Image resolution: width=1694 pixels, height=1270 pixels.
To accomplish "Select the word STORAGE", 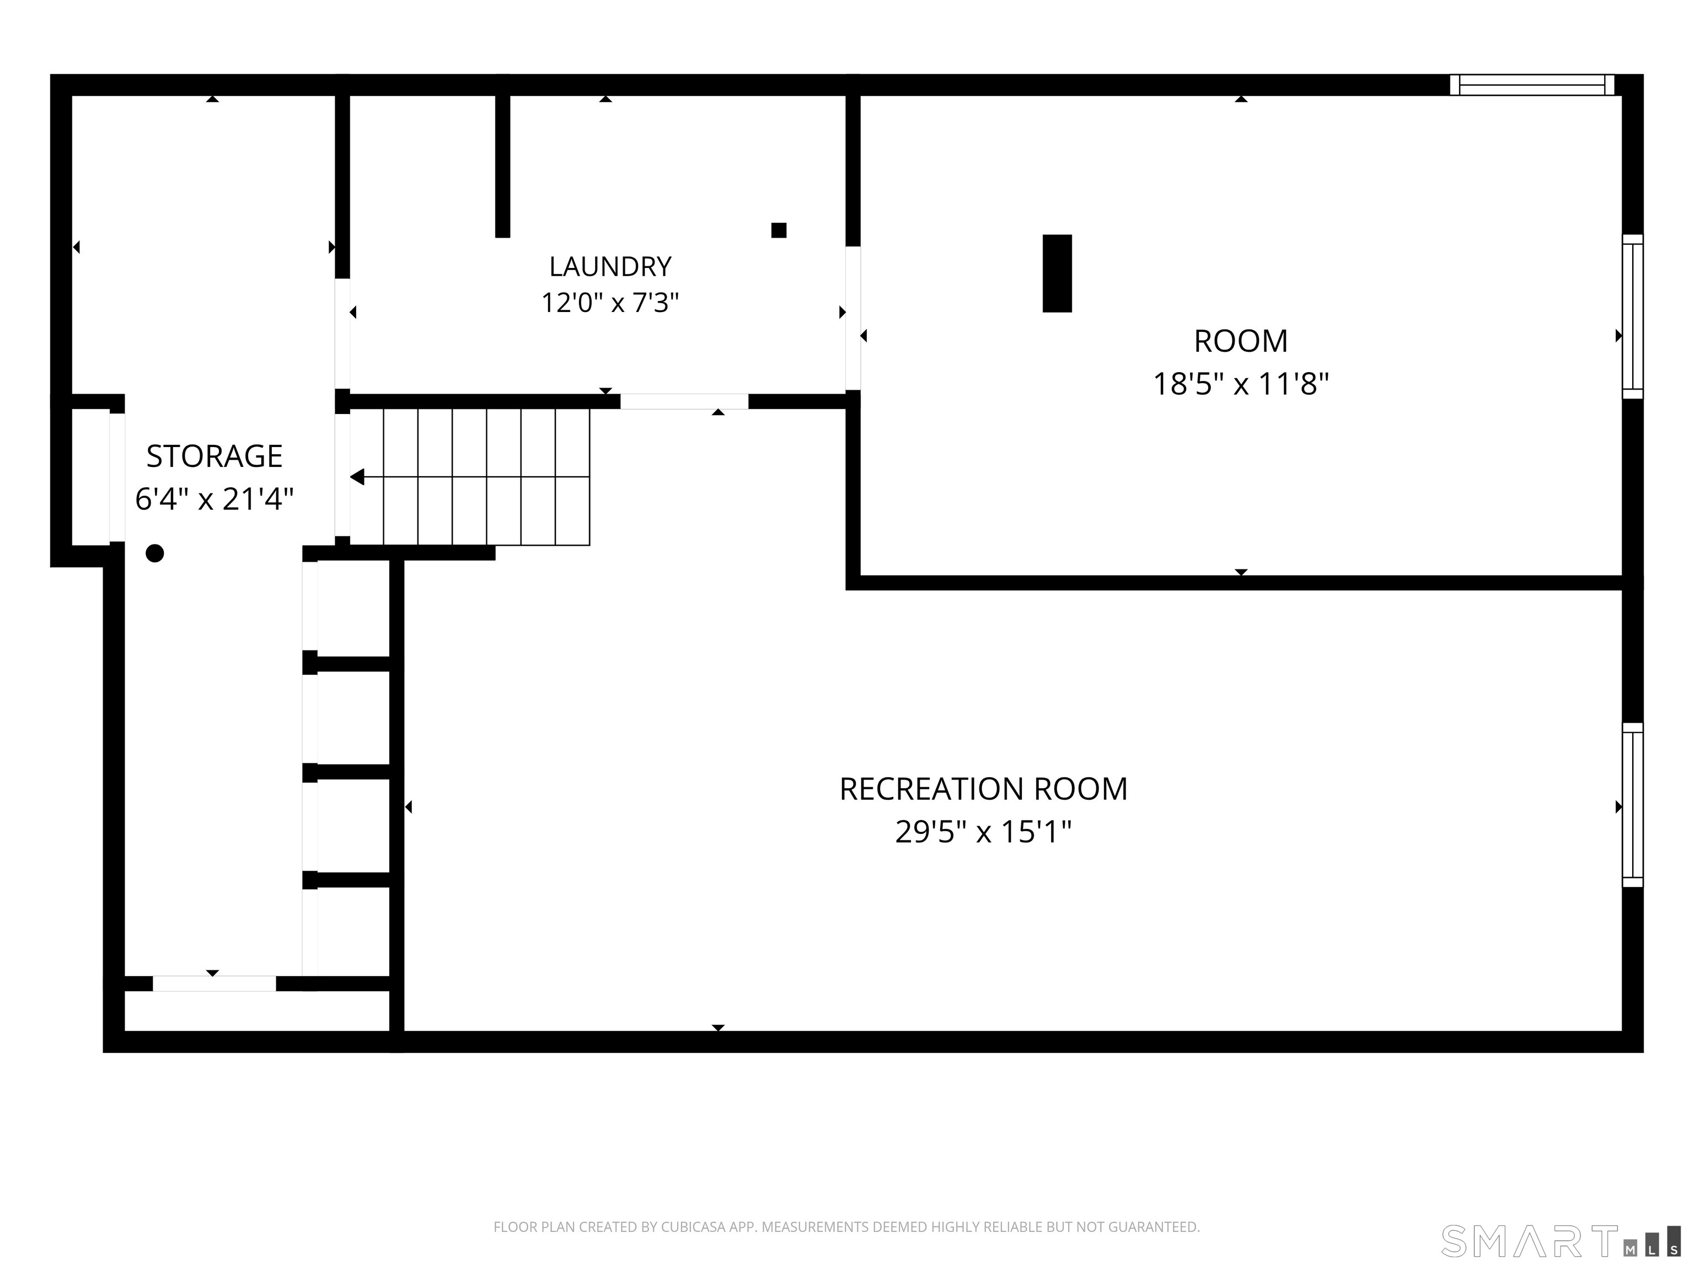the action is click(x=215, y=456).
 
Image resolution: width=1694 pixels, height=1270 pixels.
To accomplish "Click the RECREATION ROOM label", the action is click(x=983, y=789).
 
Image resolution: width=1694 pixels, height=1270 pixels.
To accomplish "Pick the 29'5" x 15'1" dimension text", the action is click(x=983, y=831).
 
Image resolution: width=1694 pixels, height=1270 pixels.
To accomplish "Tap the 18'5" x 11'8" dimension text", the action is click(x=1241, y=384).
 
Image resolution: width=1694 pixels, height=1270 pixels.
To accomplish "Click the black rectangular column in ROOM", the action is click(x=1057, y=273).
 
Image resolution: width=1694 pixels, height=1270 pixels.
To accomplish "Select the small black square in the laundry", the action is click(x=779, y=230).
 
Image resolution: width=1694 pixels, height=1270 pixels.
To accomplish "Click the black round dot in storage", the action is click(x=155, y=553).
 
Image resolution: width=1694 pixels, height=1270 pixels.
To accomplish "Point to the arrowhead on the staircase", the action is click(x=357, y=477).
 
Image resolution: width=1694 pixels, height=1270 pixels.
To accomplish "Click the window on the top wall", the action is click(x=1532, y=85).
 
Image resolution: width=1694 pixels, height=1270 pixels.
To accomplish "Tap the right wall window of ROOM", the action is click(x=1633, y=316).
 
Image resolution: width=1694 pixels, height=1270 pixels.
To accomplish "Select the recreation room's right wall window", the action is click(x=1633, y=805).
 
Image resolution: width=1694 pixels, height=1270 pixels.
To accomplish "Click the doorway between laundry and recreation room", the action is click(x=684, y=401).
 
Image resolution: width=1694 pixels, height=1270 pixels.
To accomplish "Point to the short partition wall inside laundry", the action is click(x=502, y=166).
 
